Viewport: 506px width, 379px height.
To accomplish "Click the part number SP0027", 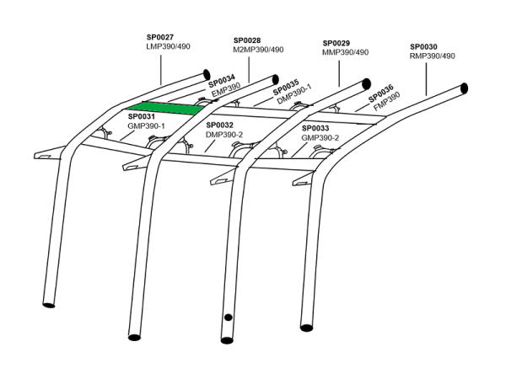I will click(160, 37).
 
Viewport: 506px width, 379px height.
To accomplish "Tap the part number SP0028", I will click(246, 40).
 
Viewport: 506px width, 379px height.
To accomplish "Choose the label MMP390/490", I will click(346, 52).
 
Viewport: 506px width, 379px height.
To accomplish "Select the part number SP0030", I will click(423, 46).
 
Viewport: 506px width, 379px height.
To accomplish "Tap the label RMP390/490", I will click(432, 56).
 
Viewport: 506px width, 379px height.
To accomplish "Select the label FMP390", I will click(387, 98).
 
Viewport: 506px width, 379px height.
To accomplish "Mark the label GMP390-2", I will click(320, 137).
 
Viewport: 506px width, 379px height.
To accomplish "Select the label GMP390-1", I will click(146, 125).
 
